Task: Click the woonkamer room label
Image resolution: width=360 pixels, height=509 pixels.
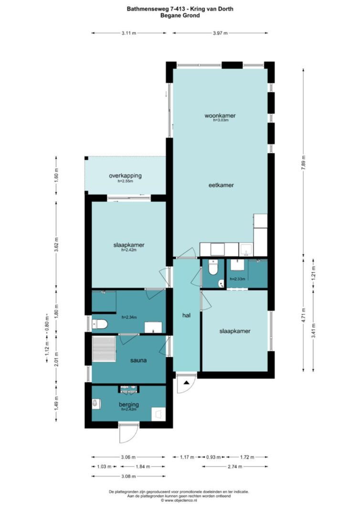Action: pos(220,115)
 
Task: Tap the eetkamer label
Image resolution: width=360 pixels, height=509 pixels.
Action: pos(221,185)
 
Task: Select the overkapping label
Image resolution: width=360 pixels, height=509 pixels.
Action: pos(125,176)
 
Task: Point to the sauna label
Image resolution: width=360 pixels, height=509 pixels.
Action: pos(138,360)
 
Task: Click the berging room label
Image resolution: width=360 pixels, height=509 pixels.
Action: pos(128,405)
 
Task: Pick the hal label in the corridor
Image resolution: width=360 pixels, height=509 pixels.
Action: pos(186,315)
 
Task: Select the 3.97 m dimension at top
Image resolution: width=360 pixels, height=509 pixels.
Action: pos(220,33)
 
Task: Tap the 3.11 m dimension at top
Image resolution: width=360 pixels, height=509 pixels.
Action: pos(128,33)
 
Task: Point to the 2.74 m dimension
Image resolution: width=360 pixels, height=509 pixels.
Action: pos(235,467)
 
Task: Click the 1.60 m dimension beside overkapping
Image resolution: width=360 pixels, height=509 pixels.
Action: pos(56,176)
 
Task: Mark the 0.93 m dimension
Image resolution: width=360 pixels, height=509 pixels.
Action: pos(213,457)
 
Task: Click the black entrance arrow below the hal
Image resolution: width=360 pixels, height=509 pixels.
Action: pos(187,383)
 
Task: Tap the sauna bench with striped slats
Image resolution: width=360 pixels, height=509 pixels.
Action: pos(104,349)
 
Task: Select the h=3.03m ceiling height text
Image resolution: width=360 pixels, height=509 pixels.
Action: pos(221,120)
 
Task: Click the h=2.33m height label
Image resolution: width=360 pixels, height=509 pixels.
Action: pos(237,279)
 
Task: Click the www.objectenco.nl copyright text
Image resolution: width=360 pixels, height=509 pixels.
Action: pos(180,500)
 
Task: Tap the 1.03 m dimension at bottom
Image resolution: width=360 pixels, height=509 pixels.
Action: pos(104,467)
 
